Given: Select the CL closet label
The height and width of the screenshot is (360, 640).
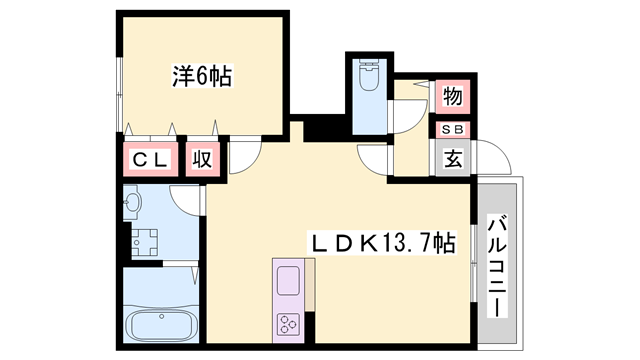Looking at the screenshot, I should pos(149,160).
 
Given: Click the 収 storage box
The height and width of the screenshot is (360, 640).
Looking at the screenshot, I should pos(202,160).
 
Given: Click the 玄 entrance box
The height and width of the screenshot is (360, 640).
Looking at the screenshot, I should pos(452,159).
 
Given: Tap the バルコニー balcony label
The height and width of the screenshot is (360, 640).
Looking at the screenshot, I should pos(497,264).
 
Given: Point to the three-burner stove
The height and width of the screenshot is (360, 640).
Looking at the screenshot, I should pos(291,324).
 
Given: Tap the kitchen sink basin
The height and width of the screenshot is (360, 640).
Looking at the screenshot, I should pos(289,280).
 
